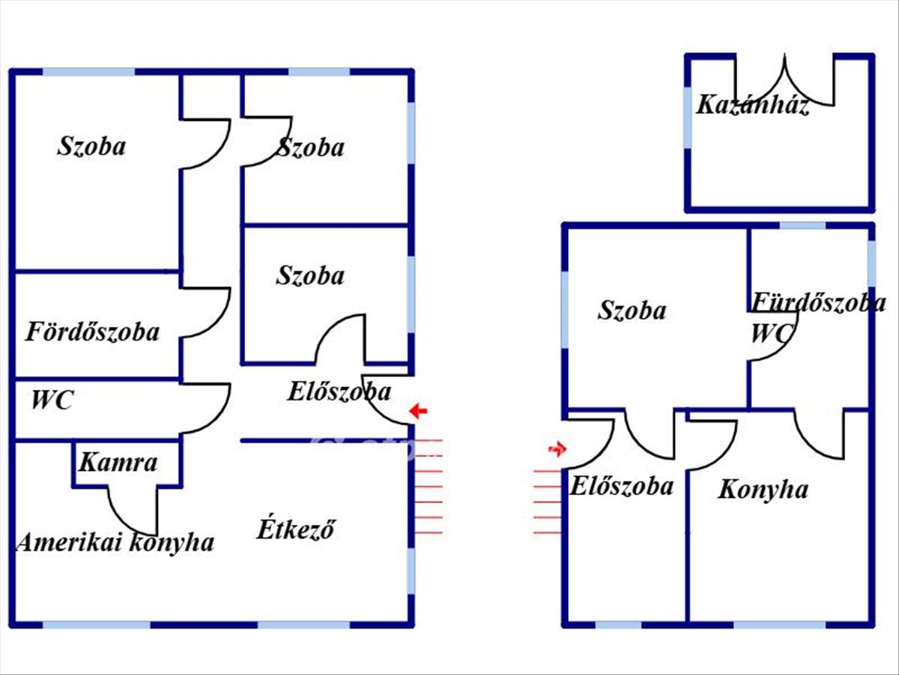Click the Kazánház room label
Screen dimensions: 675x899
(x=752, y=105)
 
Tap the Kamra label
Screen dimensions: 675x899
(x=118, y=462)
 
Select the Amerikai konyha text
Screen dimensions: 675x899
(x=115, y=541)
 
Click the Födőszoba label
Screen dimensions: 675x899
(x=93, y=331)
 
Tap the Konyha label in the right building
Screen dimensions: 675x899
(x=763, y=490)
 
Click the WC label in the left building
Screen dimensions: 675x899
(x=52, y=400)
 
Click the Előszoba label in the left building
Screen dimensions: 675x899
(x=339, y=391)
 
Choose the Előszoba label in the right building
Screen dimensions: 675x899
(x=622, y=486)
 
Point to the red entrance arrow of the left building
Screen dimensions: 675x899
(x=419, y=411)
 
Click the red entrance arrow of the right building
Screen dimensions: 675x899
(x=557, y=449)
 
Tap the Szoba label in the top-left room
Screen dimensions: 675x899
(x=91, y=146)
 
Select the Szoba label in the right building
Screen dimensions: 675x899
(x=632, y=310)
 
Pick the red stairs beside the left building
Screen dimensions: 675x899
(x=429, y=486)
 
